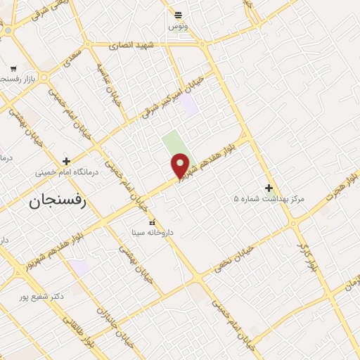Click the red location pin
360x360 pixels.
pos(181,165)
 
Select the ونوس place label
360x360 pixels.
pos(178,26)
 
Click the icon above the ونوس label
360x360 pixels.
pos(178,15)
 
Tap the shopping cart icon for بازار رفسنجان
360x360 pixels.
pos(13,69)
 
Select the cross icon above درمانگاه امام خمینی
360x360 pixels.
pos(67,161)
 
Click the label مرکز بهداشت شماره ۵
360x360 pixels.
pos(269,200)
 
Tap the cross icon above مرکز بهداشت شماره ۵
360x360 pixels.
pos(269,188)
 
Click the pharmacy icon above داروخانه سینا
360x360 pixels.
pos(152,222)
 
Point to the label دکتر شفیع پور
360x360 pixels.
pos(42,296)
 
